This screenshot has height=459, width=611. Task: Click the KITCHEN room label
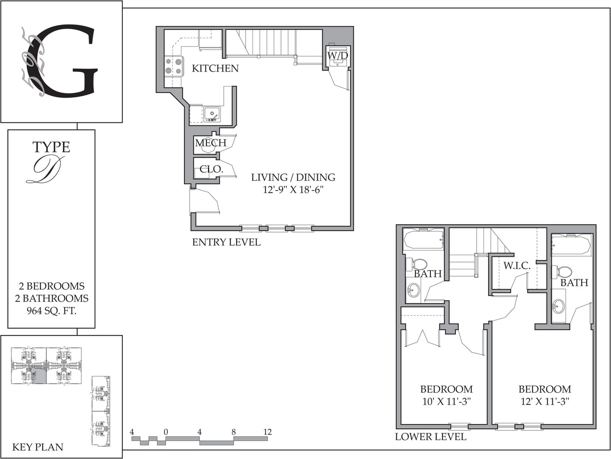point(215,69)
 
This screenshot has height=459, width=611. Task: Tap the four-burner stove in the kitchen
point(174,66)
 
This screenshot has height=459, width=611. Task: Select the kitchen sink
point(212,114)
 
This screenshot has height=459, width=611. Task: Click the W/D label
point(338,56)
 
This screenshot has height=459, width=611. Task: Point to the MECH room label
point(211,143)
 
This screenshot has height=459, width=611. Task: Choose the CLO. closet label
point(211,169)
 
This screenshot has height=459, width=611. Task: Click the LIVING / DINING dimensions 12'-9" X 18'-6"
point(293,190)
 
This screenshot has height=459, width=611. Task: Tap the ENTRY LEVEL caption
point(226,242)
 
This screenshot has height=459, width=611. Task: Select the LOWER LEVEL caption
point(430,437)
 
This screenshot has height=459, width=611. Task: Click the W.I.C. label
point(516,265)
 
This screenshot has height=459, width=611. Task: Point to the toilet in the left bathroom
point(417,264)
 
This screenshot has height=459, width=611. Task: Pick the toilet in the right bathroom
point(562,271)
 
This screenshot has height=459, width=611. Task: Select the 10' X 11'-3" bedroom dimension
point(447,402)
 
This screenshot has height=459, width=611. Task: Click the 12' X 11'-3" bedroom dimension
point(545,402)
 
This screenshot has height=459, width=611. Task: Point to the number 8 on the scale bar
point(233,432)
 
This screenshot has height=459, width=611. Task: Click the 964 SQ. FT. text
point(51,311)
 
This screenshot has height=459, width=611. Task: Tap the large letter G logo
point(68,61)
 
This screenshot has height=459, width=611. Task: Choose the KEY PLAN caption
point(38,447)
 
